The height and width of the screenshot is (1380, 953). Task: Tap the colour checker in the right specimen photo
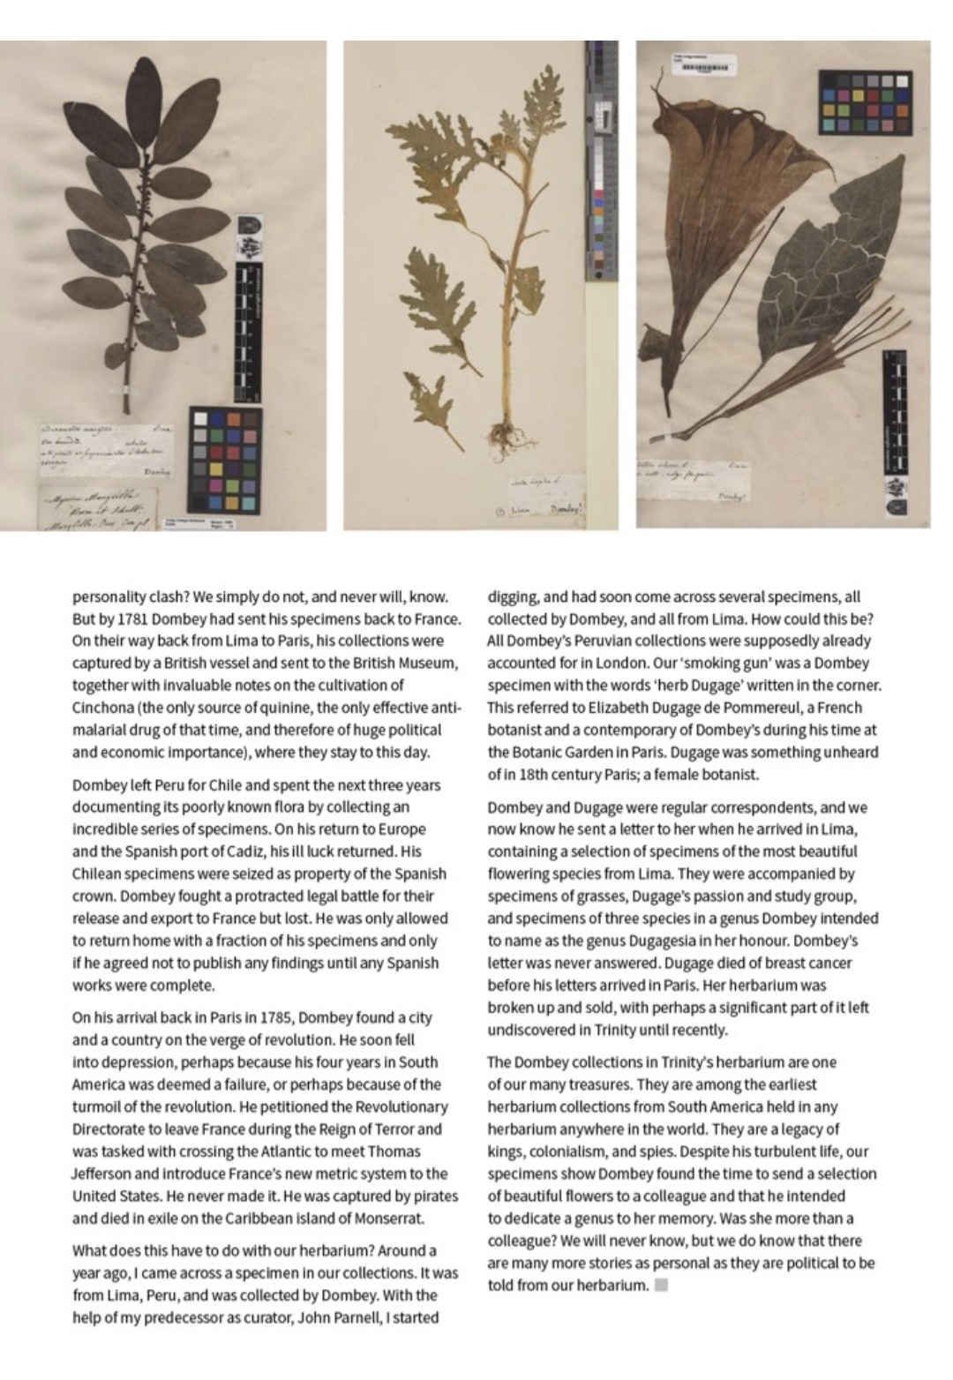click(x=865, y=102)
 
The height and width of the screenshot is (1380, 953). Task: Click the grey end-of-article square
click(x=662, y=1286)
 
